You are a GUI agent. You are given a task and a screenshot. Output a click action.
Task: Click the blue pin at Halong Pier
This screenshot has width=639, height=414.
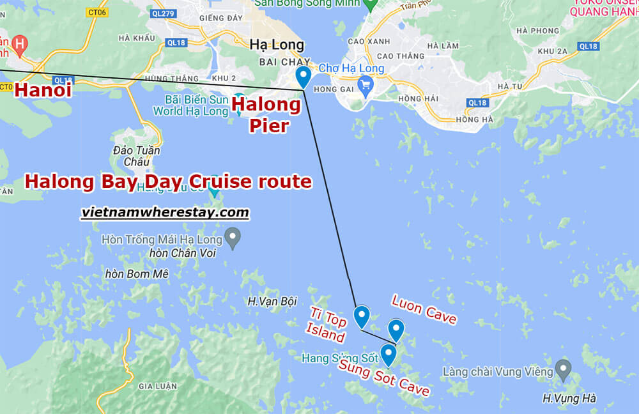(303, 76)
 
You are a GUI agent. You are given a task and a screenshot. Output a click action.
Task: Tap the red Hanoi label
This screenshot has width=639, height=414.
(43, 91)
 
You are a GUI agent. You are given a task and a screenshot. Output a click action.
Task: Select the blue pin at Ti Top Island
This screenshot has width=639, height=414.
(362, 316)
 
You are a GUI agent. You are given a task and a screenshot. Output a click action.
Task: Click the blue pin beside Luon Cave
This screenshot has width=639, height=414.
(396, 330)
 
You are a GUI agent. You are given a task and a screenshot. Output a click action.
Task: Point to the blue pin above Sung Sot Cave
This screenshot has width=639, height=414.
(388, 355)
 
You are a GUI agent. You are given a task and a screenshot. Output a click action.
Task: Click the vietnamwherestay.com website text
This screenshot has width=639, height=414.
(165, 213)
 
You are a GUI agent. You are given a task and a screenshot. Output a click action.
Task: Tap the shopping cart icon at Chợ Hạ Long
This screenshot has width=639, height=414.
(366, 83)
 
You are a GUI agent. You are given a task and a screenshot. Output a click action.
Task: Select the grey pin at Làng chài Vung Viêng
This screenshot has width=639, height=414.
(563, 369)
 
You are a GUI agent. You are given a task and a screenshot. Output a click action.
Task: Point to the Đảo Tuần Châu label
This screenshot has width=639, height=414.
(136, 156)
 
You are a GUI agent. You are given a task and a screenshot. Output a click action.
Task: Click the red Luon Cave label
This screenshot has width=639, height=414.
(424, 309)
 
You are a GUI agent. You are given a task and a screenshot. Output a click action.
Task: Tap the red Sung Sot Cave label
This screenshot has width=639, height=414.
(384, 378)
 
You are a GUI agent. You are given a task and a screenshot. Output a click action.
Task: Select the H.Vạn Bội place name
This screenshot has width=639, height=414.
(272, 300)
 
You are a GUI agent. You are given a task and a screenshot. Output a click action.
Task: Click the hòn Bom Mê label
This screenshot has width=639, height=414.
(137, 274)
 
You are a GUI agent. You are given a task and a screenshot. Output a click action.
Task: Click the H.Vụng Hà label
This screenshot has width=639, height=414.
(569, 398)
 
